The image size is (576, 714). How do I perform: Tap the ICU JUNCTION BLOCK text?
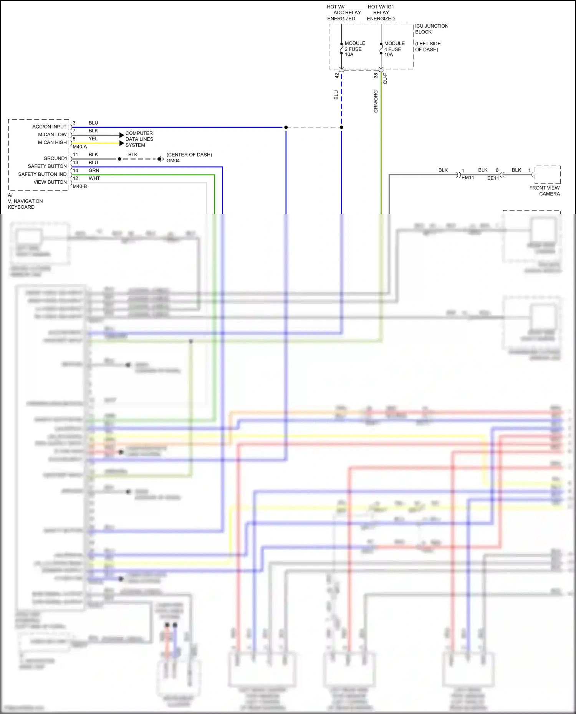pos(431,29)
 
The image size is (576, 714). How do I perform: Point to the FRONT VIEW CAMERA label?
pos(544,191)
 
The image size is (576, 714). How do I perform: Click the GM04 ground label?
pos(173,161)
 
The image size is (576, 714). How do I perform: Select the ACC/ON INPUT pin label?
pos(50,127)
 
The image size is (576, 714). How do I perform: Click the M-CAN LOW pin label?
pos(52,135)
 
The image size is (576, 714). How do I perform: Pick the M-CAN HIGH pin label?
pos(52,142)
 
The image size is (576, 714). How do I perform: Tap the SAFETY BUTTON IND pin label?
pos(42,174)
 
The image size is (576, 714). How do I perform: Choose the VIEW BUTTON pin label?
pos(50,182)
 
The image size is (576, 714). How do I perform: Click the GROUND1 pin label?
pos(55,158)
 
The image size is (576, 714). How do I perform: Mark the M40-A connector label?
pos(80,147)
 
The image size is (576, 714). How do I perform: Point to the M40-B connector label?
pos(80,186)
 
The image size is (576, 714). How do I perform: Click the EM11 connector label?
pos(468,178)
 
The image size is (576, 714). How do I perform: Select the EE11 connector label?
pos(493,178)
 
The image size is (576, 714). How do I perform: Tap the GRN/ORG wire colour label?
pos(376,101)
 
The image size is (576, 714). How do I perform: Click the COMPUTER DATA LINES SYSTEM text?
pos(139,139)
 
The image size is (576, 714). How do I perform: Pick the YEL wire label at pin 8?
pos(93,139)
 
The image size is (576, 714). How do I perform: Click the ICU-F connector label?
pos(385,79)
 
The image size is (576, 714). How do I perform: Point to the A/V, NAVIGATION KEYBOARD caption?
pos(25,201)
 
